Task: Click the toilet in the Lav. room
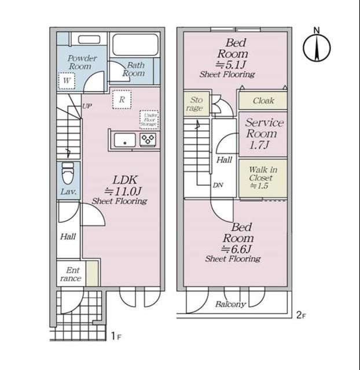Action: tap(68, 173)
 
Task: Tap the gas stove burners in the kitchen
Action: tap(148, 139)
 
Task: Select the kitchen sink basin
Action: tap(125, 140)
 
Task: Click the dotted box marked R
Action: tap(122, 99)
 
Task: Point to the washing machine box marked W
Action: tap(67, 81)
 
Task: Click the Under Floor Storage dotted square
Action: tap(149, 120)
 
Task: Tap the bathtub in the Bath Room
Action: tap(135, 45)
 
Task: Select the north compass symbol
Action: tap(317, 46)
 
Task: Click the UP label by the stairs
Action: tap(87, 106)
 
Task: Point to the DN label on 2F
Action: tap(218, 185)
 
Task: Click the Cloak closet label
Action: tap(263, 101)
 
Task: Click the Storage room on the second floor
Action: tap(196, 104)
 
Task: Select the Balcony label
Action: tap(230, 305)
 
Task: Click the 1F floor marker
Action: tap(116, 336)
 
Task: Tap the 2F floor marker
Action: tap(301, 315)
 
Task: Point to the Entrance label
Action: tap(71, 274)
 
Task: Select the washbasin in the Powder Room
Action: tap(89, 39)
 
